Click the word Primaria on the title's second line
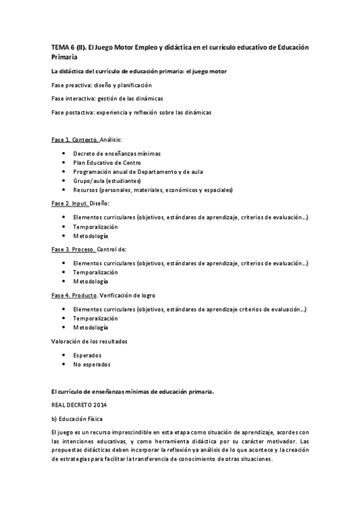[65, 57]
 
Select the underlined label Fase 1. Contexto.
[75, 140]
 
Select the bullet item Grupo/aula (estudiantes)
[106, 181]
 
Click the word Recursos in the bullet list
[86, 190]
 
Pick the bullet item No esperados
[91, 364]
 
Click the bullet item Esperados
[87, 355]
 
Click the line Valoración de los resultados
[89, 342]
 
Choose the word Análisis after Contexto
[111, 140]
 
